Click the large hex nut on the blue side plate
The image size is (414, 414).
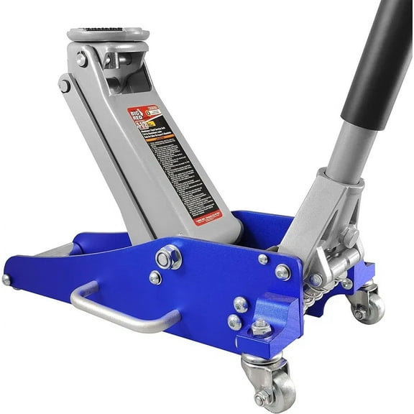pyautogui.click(x=168, y=257)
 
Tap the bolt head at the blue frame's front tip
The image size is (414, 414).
pyautogui.click(x=7, y=280)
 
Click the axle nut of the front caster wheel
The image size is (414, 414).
pyautogui.click(x=260, y=398)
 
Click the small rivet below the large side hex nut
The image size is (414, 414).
pyautogui.click(x=155, y=277)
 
